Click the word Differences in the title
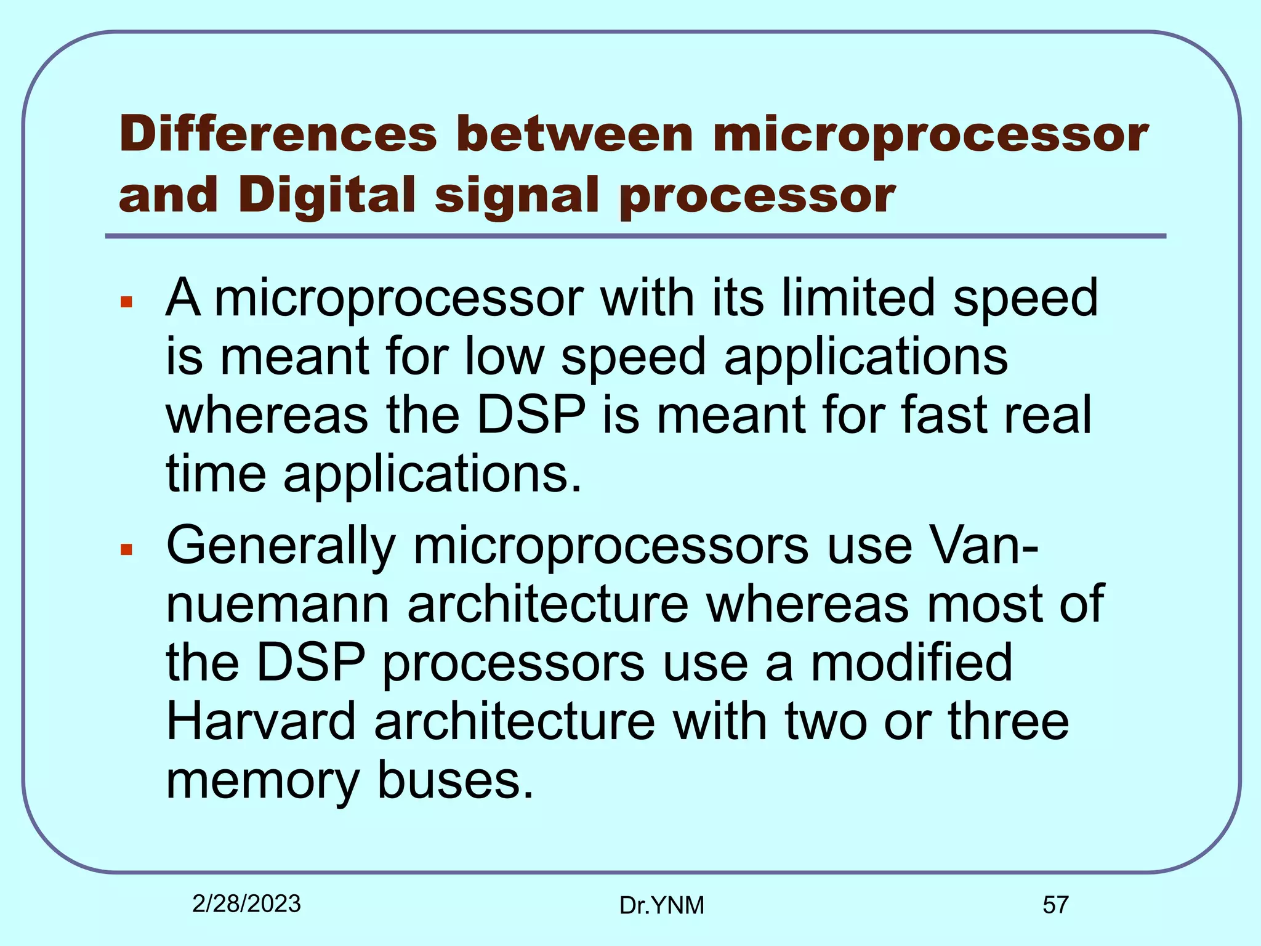coord(278,134)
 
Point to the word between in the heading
coord(574,134)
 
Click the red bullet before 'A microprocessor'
coord(127,302)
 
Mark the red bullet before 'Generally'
coord(127,549)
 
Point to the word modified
coord(911,663)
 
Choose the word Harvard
coord(261,721)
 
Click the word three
coord(1008,721)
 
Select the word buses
coord(454,780)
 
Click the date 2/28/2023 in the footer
coord(246,904)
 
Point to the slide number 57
coord(1055,905)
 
